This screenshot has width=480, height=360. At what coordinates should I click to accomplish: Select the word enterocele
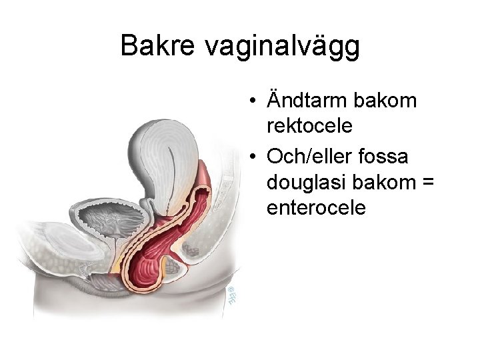[x=316, y=208]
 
